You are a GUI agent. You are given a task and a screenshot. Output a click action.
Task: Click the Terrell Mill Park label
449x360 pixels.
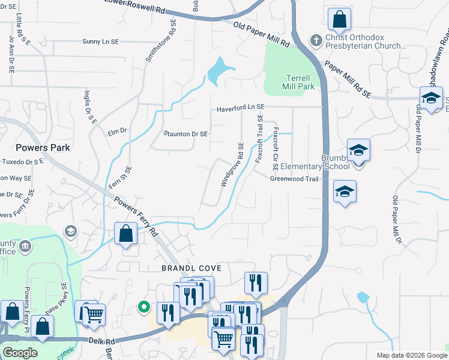click(298, 82)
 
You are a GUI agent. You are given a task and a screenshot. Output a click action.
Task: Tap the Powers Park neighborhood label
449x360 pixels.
click(43, 148)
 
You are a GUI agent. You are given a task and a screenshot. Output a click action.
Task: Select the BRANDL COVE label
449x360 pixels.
click(190, 268)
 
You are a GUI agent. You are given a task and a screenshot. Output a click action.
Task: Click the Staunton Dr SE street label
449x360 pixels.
click(185, 134)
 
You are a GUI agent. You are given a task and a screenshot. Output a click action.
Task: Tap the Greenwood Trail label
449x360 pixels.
click(294, 178)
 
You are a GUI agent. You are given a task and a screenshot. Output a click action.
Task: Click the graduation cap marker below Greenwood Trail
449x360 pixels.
click(344, 192)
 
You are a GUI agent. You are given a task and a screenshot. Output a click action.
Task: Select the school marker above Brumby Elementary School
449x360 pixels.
click(358, 150)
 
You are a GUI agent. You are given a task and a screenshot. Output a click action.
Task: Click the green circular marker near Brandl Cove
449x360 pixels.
click(143, 307)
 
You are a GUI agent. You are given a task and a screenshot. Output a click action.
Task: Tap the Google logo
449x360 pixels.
click(20, 353)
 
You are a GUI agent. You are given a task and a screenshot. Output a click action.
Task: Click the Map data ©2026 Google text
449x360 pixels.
click(411, 355)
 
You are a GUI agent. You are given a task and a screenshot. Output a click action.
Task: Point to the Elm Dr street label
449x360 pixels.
click(117, 130)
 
